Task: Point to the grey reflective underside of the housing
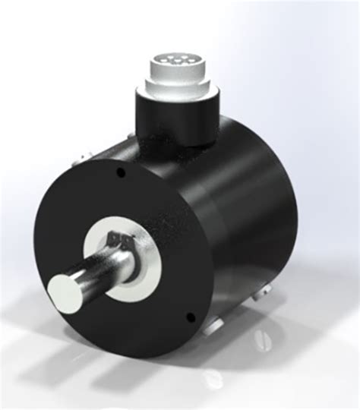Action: (x=243, y=304)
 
